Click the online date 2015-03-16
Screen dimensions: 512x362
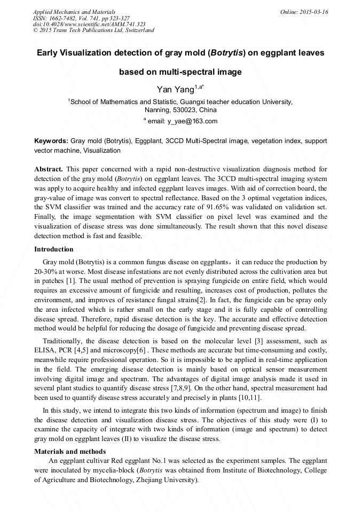click(315, 12)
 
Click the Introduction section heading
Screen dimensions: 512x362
click(54, 249)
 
